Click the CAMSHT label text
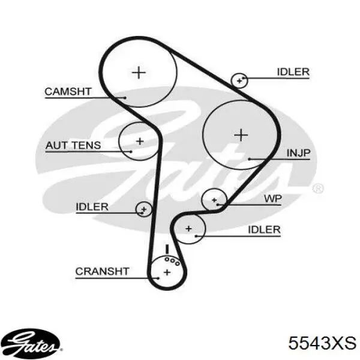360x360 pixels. [68, 92]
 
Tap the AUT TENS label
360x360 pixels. [73, 145]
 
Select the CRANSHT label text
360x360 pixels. [103, 271]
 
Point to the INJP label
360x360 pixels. [298, 153]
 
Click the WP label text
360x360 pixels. [273, 199]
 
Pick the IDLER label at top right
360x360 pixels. [293, 72]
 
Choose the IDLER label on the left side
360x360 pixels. [92, 207]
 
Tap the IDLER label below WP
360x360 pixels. [264, 230]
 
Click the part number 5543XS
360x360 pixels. [322, 343]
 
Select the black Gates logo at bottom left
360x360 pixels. [31, 344]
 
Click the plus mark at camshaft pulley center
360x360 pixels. [139, 73]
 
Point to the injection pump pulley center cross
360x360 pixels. [241, 135]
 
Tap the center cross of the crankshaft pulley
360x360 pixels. [167, 272]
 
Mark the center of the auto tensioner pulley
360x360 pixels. [140, 141]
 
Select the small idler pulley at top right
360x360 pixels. [239, 73]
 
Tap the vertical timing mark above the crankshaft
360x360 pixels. [167, 249]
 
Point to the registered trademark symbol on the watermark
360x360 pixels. [318, 189]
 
